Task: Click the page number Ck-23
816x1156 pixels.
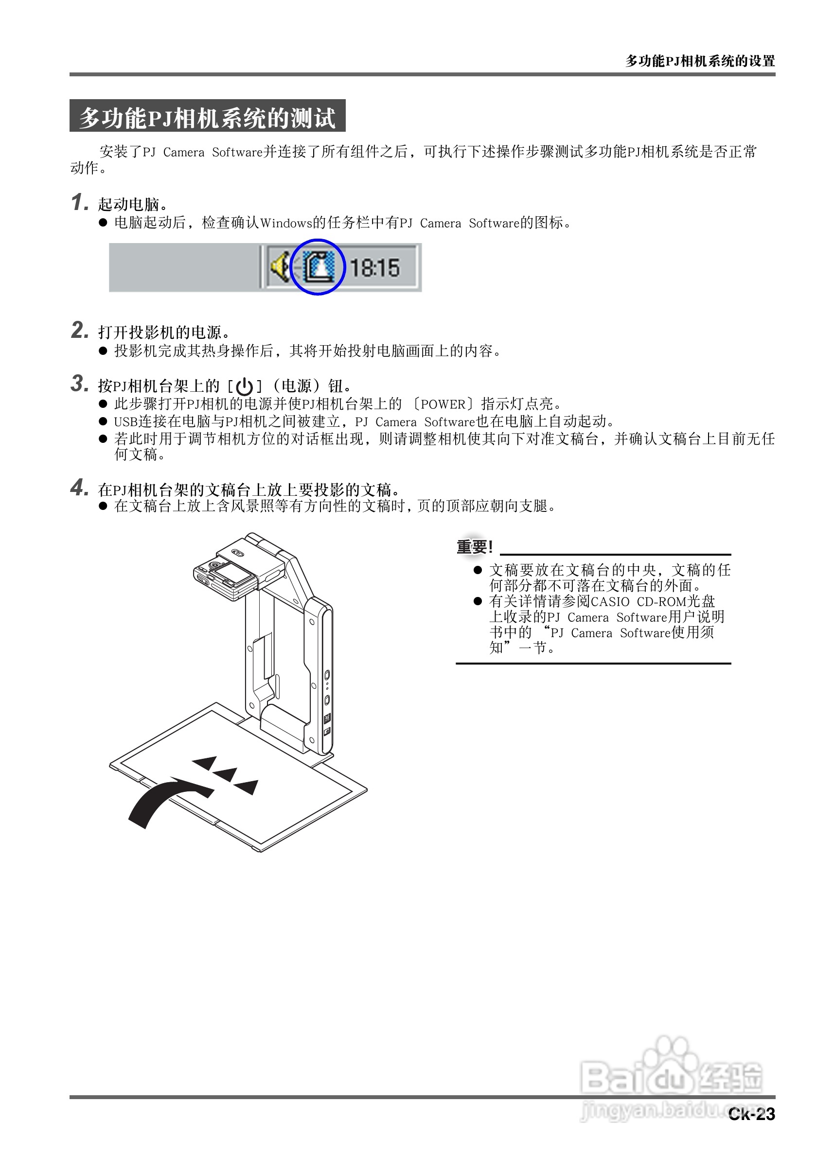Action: (x=751, y=1114)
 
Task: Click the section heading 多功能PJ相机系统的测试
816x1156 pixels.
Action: (x=207, y=117)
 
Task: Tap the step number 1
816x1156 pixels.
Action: (x=79, y=202)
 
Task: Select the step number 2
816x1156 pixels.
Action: (x=79, y=330)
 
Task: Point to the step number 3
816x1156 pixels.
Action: (x=79, y=384)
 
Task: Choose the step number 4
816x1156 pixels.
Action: (x=79, y=488)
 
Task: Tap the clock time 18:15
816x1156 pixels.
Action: (x=374, y=268)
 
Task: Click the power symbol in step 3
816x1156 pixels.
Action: (x=244, y=386)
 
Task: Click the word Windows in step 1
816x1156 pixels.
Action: (x=286, y=223)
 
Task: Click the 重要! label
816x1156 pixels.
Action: (x=474, y=547)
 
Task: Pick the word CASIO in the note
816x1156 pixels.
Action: (x=610, y=602)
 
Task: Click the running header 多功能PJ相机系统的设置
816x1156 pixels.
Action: (x=700, y=61)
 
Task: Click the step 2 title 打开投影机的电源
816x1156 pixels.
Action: (x=160, y=333)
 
